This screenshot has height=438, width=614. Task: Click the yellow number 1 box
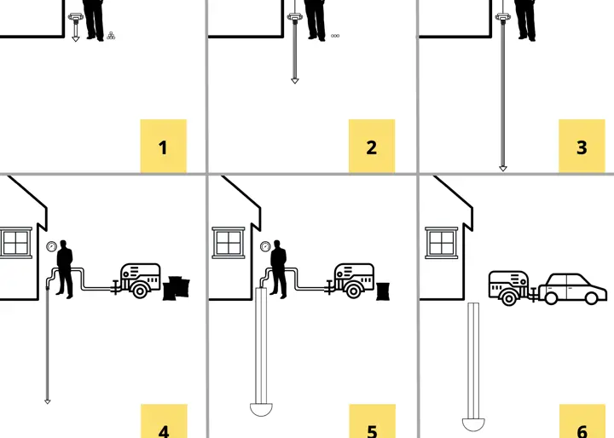coord(164,146)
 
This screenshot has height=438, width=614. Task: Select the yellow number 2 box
coord(372,146)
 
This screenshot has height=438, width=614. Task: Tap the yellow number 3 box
coord(582,146)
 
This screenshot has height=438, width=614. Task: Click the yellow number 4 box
coord(164,421)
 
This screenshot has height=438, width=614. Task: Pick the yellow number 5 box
coord(373,421)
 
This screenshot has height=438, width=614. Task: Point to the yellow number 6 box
coord(582,421)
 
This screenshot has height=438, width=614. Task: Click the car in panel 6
coord(572,289)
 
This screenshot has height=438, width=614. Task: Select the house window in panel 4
coord(15,243)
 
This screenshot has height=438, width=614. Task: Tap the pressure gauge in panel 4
coord(52,246)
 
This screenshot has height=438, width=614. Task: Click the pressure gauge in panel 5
coord(265,246)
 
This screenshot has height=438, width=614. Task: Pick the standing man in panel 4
coord(65,269)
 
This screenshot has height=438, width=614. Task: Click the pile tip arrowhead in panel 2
coord(295,81)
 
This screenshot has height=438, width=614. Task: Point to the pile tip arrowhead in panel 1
coord(76,39)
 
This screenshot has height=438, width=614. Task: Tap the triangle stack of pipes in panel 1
coord(111,36)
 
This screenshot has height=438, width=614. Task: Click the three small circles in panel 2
coord(335,36)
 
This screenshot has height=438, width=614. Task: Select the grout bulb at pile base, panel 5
coord(261,409)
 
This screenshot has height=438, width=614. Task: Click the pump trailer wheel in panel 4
coord(140,291)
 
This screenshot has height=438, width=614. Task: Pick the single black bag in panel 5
coord(383,291)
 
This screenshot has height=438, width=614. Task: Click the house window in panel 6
coord(442,243)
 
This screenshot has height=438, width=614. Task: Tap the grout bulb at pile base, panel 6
coord(473,424)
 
